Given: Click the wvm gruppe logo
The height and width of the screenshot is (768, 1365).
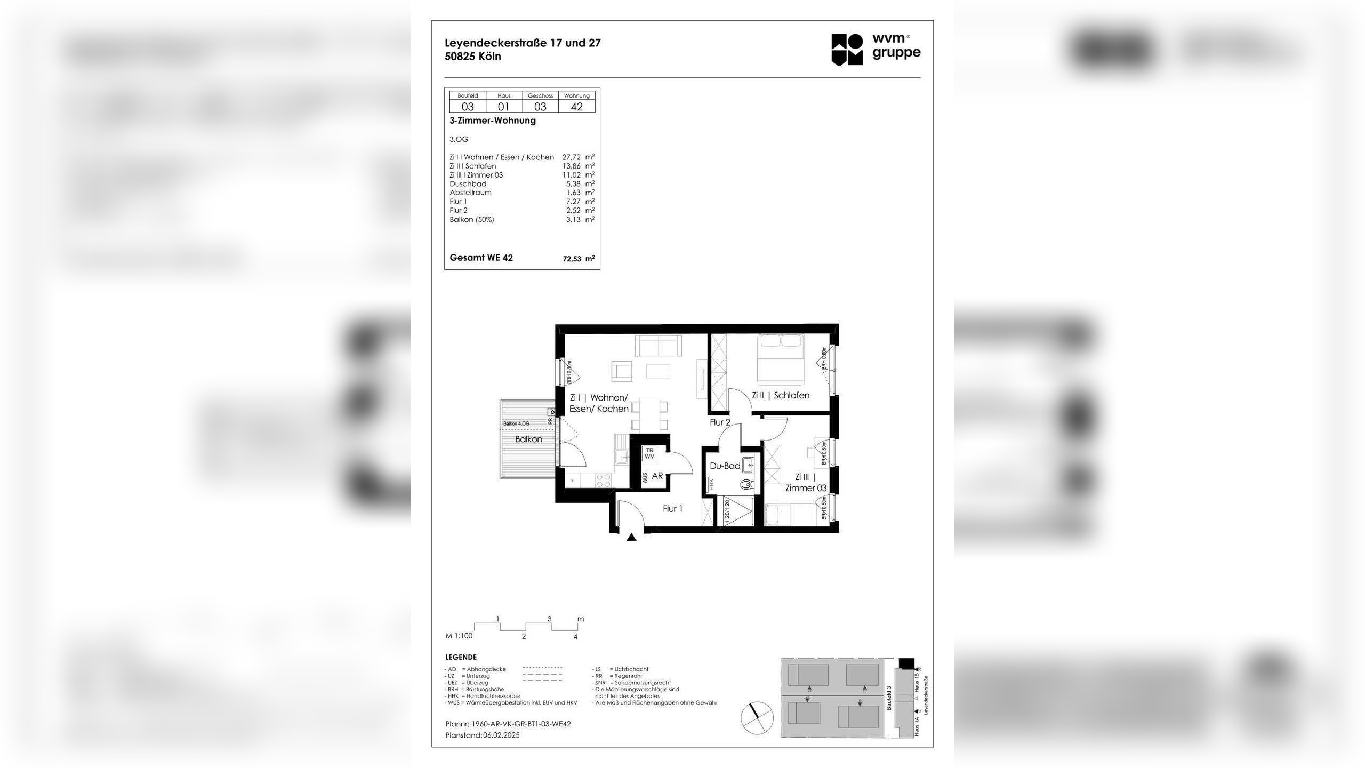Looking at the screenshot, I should tap(876, 49).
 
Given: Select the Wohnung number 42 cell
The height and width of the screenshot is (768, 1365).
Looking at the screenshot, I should tap(576, 106).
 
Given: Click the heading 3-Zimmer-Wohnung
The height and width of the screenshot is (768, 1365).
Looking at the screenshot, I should tap(492, 121).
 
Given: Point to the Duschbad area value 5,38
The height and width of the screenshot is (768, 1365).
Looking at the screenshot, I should tap(573, 183).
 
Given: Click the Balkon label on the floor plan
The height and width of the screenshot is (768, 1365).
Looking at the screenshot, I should tap(528, 439).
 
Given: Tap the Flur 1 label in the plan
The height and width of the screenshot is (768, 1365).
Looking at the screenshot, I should tap(672, 509).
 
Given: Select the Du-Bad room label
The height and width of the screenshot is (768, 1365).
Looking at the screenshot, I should tap(725, 466).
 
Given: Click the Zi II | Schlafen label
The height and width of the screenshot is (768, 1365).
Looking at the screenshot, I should tap(780, 395).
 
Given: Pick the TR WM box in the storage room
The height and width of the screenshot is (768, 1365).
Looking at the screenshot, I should tap(649, 453).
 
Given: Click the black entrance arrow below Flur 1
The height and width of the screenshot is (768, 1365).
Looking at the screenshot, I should tap(631, 538).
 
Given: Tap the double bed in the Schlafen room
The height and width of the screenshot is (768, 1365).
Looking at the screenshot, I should tap(781, 358).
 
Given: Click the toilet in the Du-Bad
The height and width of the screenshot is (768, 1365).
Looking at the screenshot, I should tap(746, 485).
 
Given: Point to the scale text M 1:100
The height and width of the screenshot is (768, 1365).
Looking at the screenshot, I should tap(459, 636).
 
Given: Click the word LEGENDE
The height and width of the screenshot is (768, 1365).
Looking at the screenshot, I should tap(461, 657).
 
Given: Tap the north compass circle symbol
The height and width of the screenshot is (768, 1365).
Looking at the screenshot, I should tap(757, 717).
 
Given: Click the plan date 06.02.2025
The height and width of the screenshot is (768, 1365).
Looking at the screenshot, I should tap(501, 735).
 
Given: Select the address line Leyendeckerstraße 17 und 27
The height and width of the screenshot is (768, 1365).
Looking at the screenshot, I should tap(523, 43).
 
